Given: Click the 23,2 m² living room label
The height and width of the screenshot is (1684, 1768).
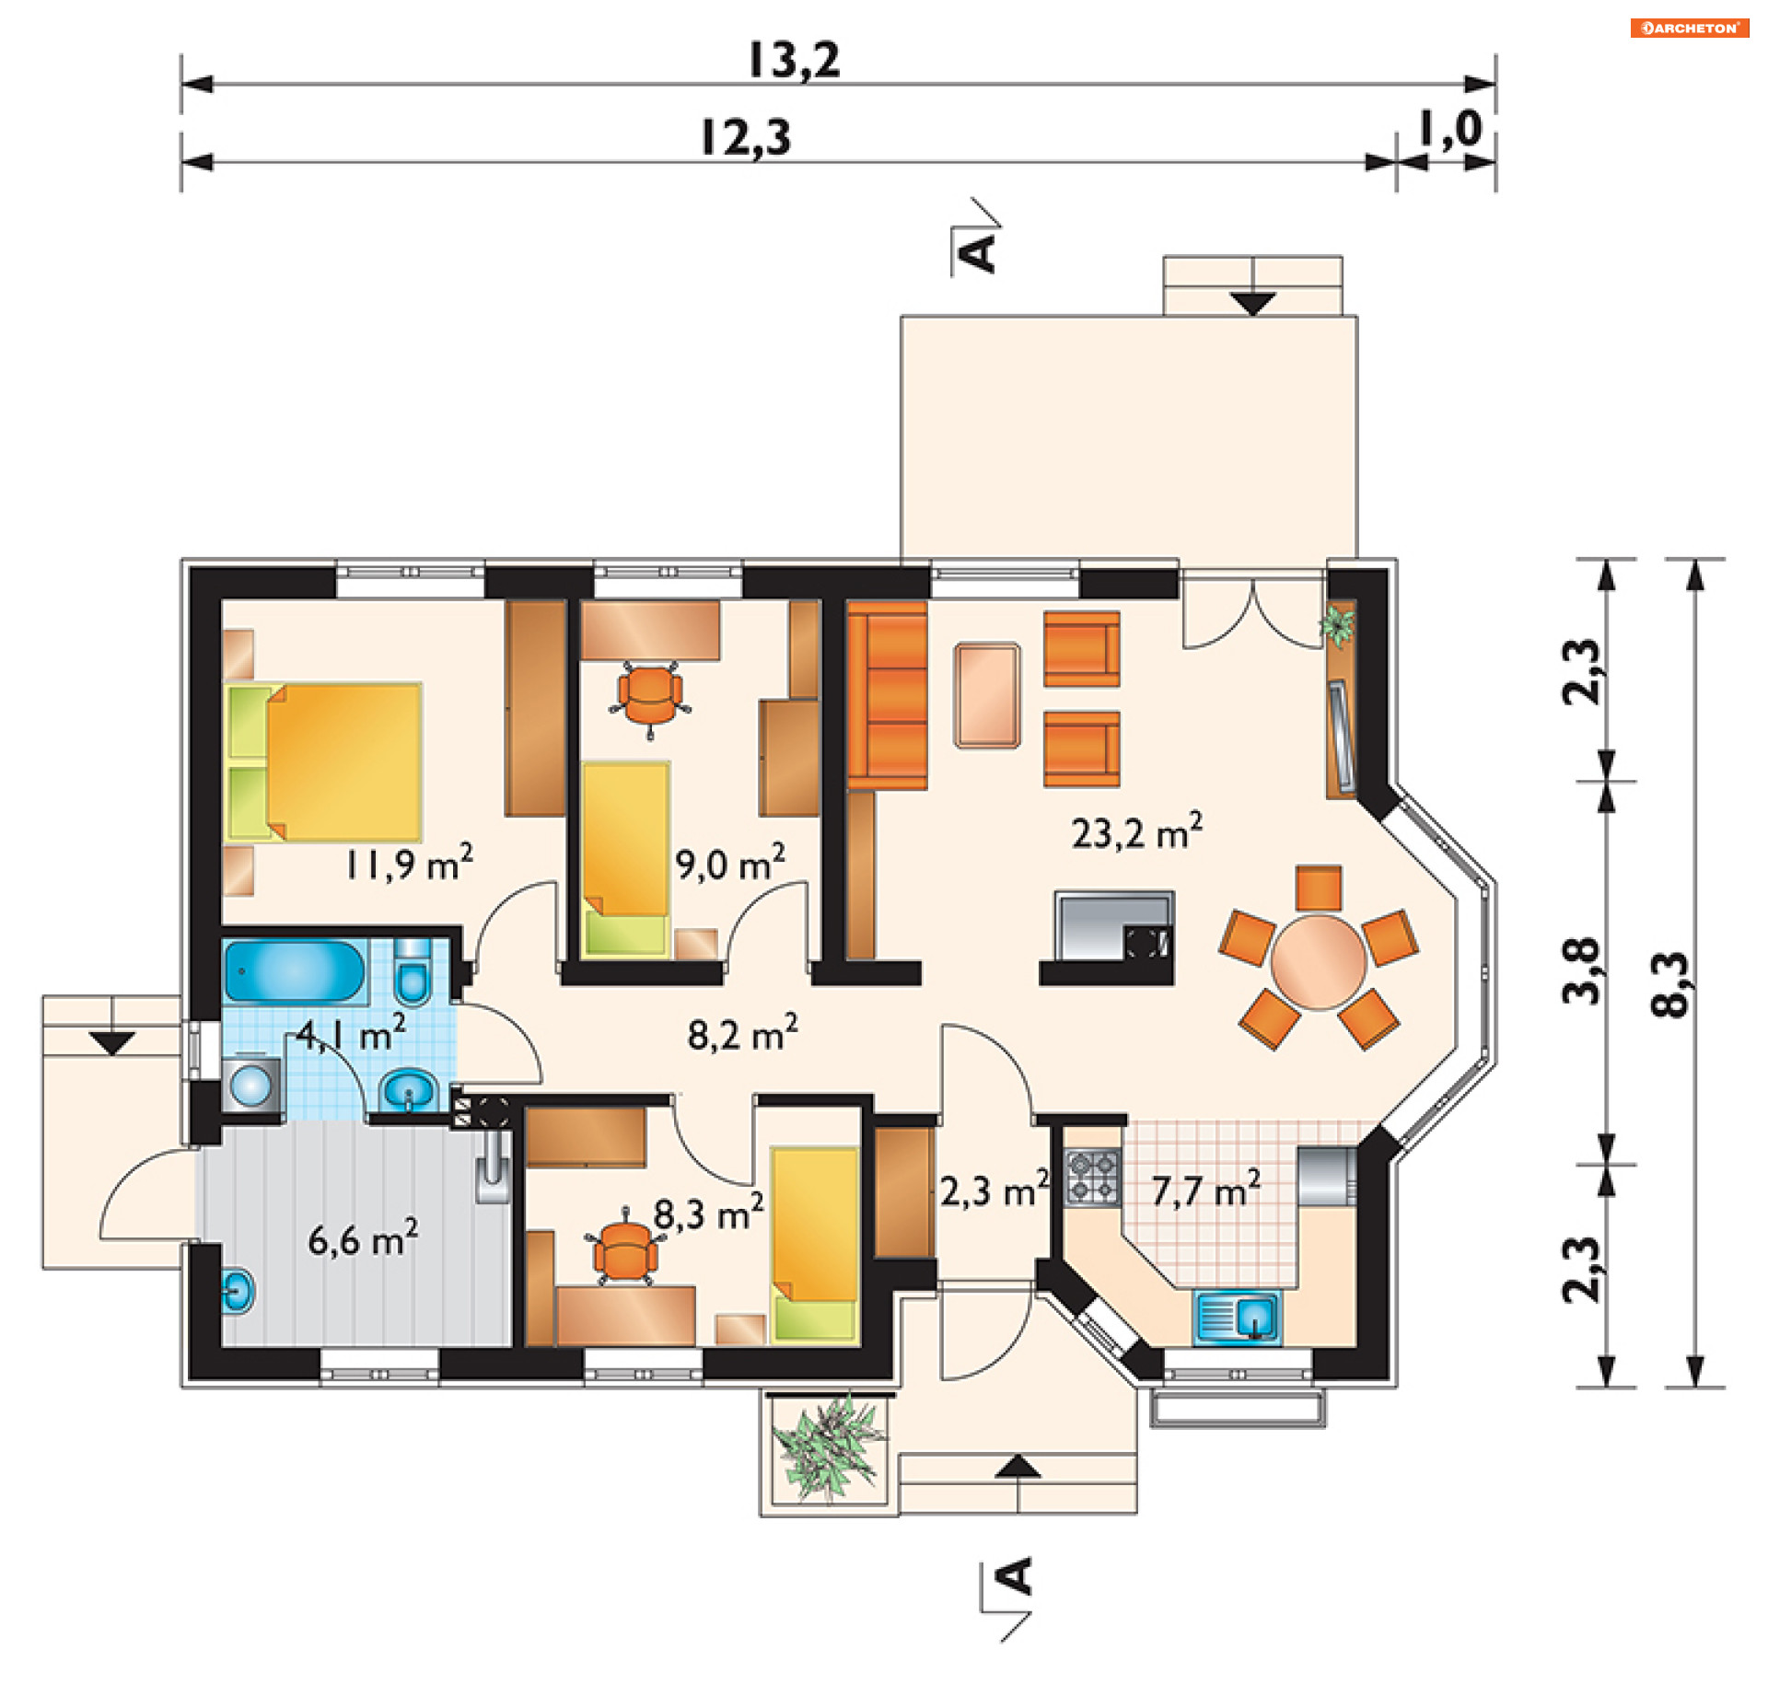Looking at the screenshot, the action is [1136, 831].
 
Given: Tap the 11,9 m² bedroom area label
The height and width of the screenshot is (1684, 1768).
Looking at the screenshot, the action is [409, 863].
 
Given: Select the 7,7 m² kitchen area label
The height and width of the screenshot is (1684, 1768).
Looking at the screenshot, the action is [1205, 1190].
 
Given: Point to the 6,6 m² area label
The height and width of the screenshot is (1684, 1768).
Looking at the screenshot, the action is [363, 1237].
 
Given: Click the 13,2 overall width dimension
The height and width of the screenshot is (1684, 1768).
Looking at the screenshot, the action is [794, 60].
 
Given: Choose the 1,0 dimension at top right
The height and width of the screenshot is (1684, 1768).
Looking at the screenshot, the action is [1450, 129].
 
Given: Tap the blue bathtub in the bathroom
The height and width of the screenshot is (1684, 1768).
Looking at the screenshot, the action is [295, 970].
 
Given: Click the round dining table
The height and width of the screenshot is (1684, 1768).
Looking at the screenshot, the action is [1318, 962].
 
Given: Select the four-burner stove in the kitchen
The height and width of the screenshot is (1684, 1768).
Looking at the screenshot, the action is [1093, 1178].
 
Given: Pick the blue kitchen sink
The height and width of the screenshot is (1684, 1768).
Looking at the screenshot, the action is [1237, 1317].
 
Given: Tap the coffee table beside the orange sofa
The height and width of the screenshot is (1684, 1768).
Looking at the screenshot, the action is [987, 695].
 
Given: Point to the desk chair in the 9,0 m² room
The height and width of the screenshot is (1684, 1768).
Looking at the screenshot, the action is [650, 698].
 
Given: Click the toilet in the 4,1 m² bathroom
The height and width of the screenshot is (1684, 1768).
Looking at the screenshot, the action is [412, 972].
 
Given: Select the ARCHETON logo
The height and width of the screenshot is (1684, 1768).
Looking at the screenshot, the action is [1690, 28].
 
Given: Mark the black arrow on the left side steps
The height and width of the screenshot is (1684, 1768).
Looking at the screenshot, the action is [112, 1043].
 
